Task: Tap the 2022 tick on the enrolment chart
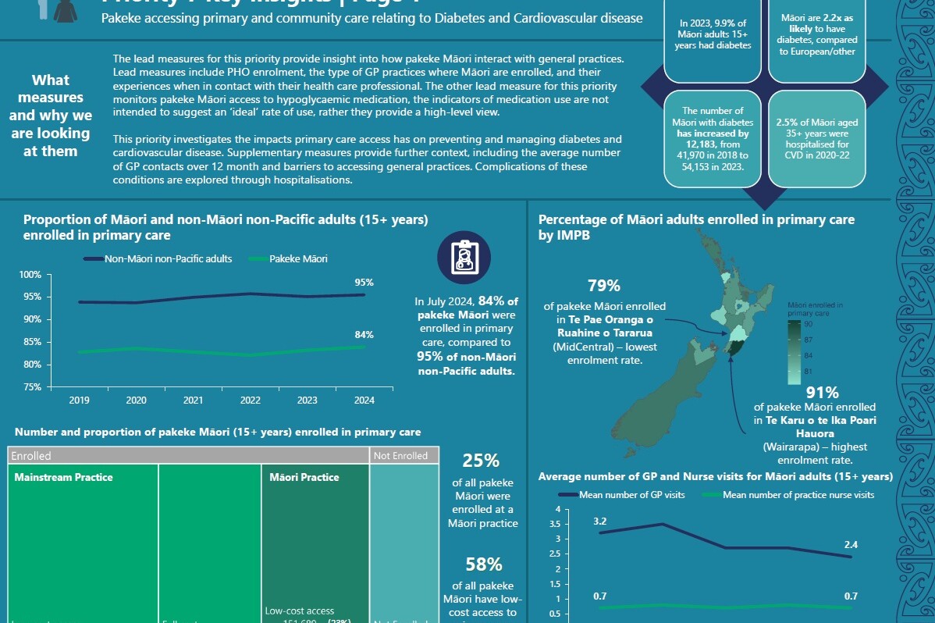click(x=250, y=400)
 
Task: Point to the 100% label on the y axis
click(x=30, y=275)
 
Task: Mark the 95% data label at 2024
click(x=364, y=283)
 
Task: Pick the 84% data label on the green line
click(x=364, y=335)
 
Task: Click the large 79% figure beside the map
click(x=603, y=286)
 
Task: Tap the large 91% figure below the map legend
click(x=822, y=392)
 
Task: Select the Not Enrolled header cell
click(x=400, y=455)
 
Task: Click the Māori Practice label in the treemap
click(x=304, y=477)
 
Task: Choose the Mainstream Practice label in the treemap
click(x=63, y=477)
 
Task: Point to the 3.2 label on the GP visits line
click(x=600, y=521)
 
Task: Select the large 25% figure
click(x=482, y=461)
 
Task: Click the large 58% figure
click(x=484, y=564)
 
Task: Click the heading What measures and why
click(x=50, y=116)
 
